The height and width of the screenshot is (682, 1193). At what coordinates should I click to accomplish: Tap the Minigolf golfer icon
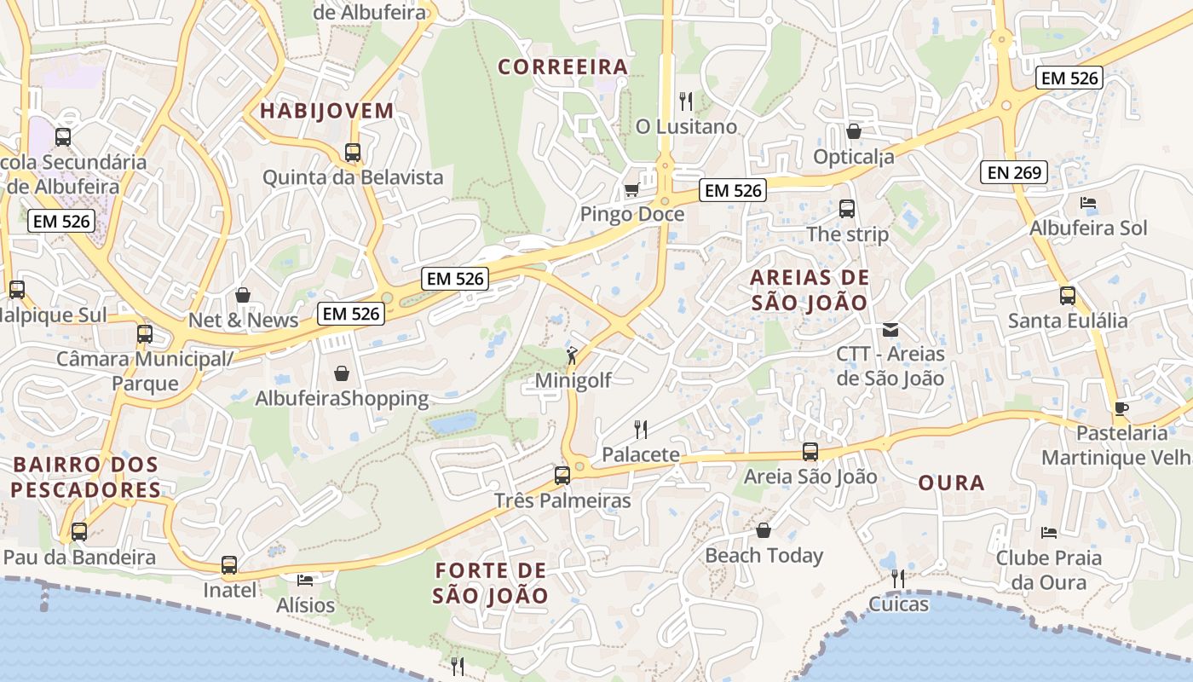point(573,355)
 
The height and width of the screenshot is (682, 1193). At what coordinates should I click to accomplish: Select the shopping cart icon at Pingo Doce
point(631,189)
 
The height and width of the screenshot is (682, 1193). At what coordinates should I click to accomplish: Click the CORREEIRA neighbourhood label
point(562,66)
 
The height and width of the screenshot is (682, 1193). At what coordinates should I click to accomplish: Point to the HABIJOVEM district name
point(327,111)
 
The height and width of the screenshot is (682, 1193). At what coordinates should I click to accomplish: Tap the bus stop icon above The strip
point(846,209)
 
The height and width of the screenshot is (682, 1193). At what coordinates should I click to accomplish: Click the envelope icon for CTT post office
point(890,329)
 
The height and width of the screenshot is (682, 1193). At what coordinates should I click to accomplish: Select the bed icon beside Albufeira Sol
point(1088,203)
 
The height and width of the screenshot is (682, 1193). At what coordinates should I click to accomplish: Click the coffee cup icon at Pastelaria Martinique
point(1121,408)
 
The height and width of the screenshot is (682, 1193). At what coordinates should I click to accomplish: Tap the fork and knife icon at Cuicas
point(897,579)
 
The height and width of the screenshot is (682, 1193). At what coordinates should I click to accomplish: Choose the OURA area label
point(951,483)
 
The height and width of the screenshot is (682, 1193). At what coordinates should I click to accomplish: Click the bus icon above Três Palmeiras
point(562,476)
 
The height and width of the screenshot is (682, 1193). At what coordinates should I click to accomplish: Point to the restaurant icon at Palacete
point(641,429)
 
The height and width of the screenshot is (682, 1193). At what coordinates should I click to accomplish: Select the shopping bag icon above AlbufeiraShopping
point(342,373)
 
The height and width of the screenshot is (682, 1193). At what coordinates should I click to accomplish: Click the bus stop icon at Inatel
point(229,564)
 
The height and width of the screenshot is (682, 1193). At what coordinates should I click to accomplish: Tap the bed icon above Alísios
point(305,581)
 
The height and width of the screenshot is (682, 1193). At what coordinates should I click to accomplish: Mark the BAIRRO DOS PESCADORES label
point(85,477)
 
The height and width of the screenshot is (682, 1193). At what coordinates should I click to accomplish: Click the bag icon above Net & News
point(243,295)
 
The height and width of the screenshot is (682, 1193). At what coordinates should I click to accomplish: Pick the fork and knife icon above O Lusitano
point(686,101)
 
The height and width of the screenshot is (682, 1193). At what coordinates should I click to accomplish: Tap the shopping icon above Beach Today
point(764,530)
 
